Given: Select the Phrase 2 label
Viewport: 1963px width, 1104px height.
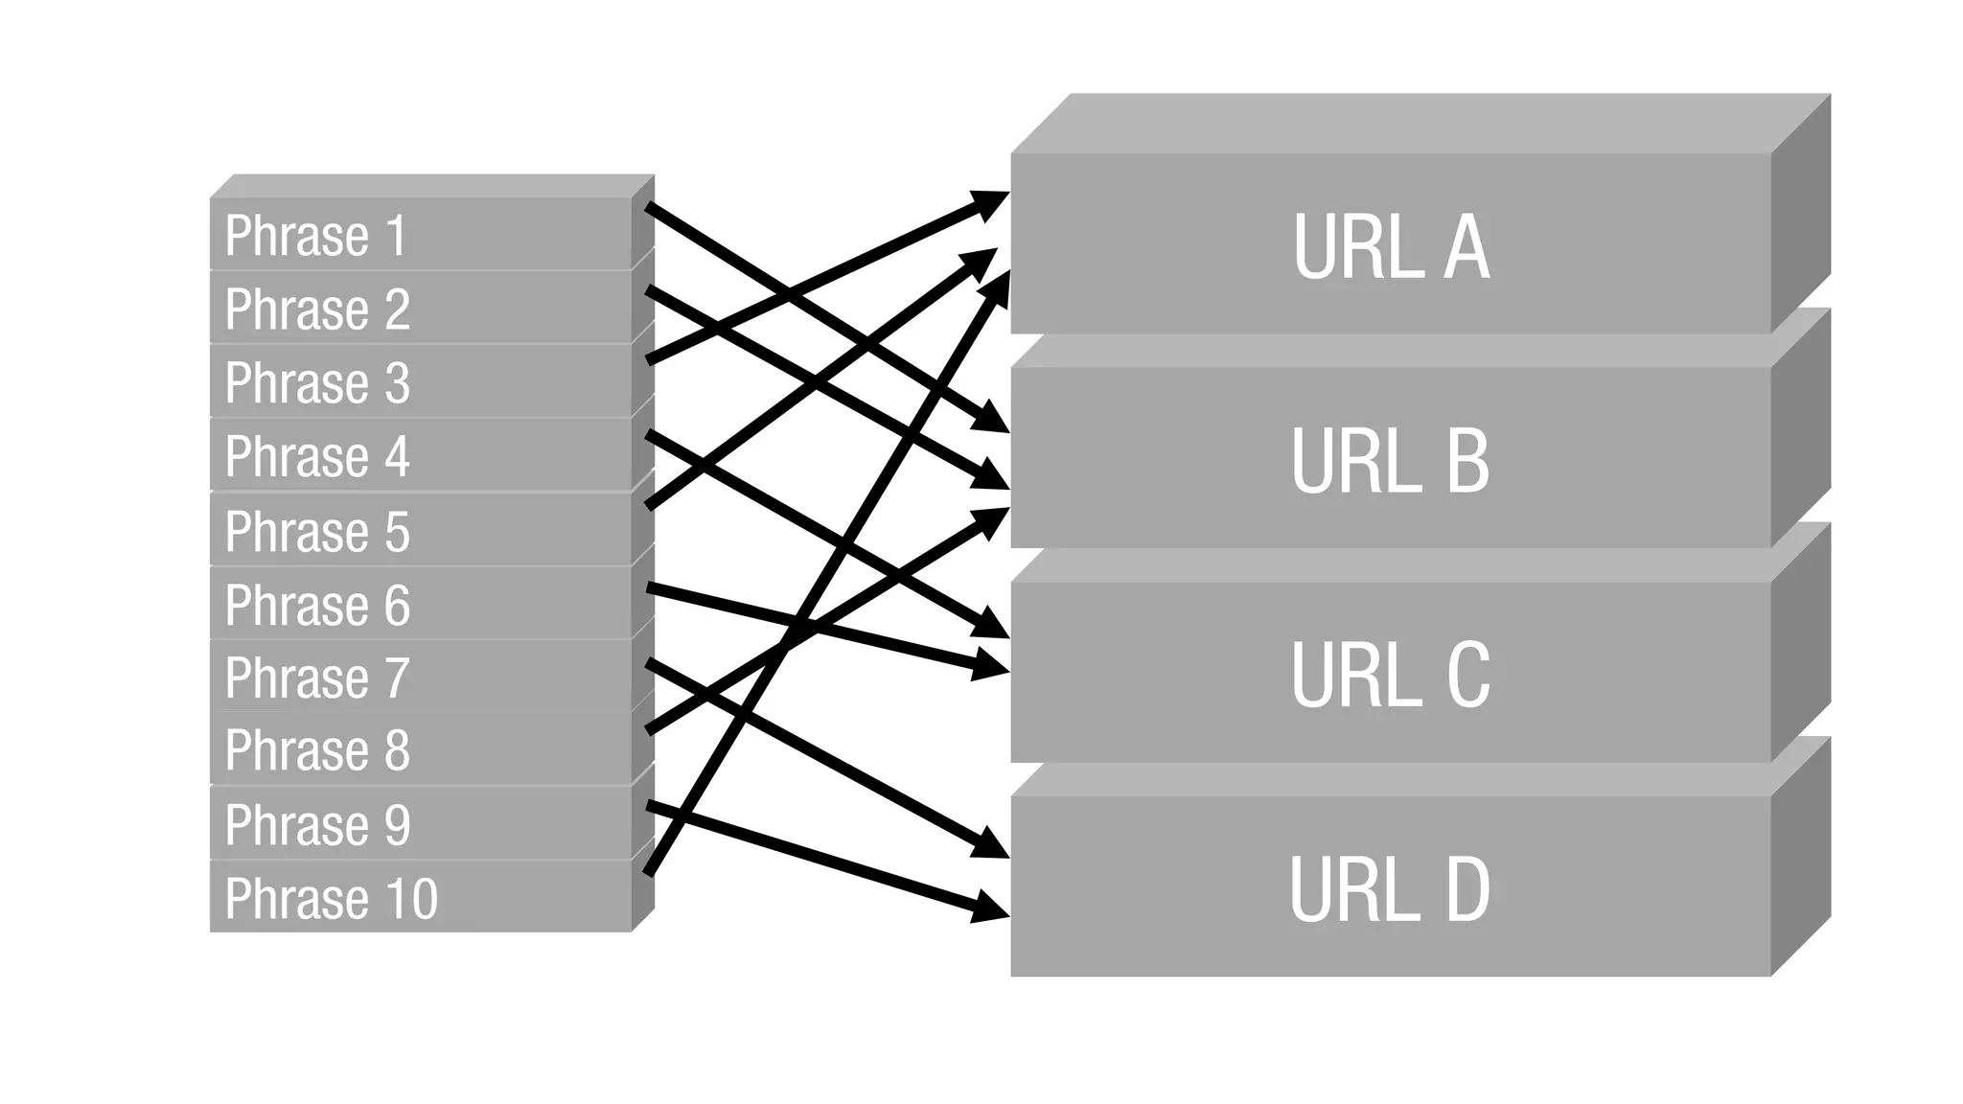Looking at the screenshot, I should point(317,309).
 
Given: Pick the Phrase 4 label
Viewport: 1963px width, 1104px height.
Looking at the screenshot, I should point(317,456).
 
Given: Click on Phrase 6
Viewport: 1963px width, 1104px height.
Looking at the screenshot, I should point(317,605).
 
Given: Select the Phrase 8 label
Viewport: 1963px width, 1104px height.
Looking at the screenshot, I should point(317,749).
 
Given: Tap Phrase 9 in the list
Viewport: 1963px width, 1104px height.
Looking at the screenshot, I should point(317,824).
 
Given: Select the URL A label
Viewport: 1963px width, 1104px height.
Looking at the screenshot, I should point(1391,246).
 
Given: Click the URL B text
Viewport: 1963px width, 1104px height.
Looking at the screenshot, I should point(1391,461).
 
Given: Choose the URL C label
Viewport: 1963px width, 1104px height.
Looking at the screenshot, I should point(1391,676).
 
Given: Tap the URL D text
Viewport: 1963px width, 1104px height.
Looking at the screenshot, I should point(1391,890).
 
